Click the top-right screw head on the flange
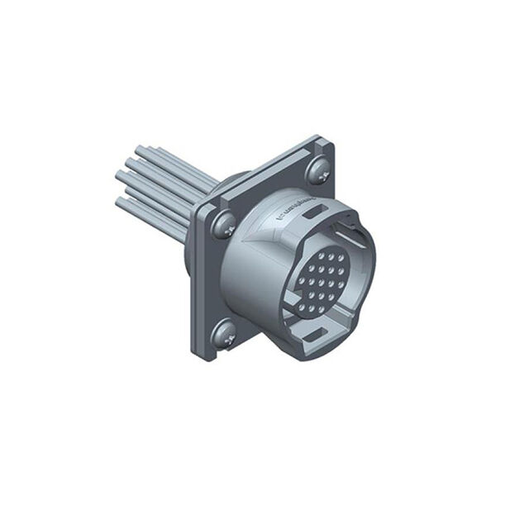point(317,171)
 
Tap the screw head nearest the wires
point(222,224)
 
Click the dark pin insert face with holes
point(319,281)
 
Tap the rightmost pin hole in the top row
point(341,259)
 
